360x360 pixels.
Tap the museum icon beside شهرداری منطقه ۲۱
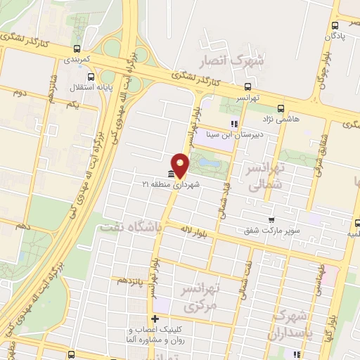pos(170,174)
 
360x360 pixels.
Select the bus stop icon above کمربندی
pos(77,49)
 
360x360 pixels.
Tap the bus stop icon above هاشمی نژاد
pos(281,108)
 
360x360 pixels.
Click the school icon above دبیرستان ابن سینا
pos(234,124)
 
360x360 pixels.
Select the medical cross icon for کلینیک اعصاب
pos(155,319)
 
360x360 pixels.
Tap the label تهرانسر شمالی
pos(265,174)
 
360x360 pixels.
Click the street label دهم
pos(22,226)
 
